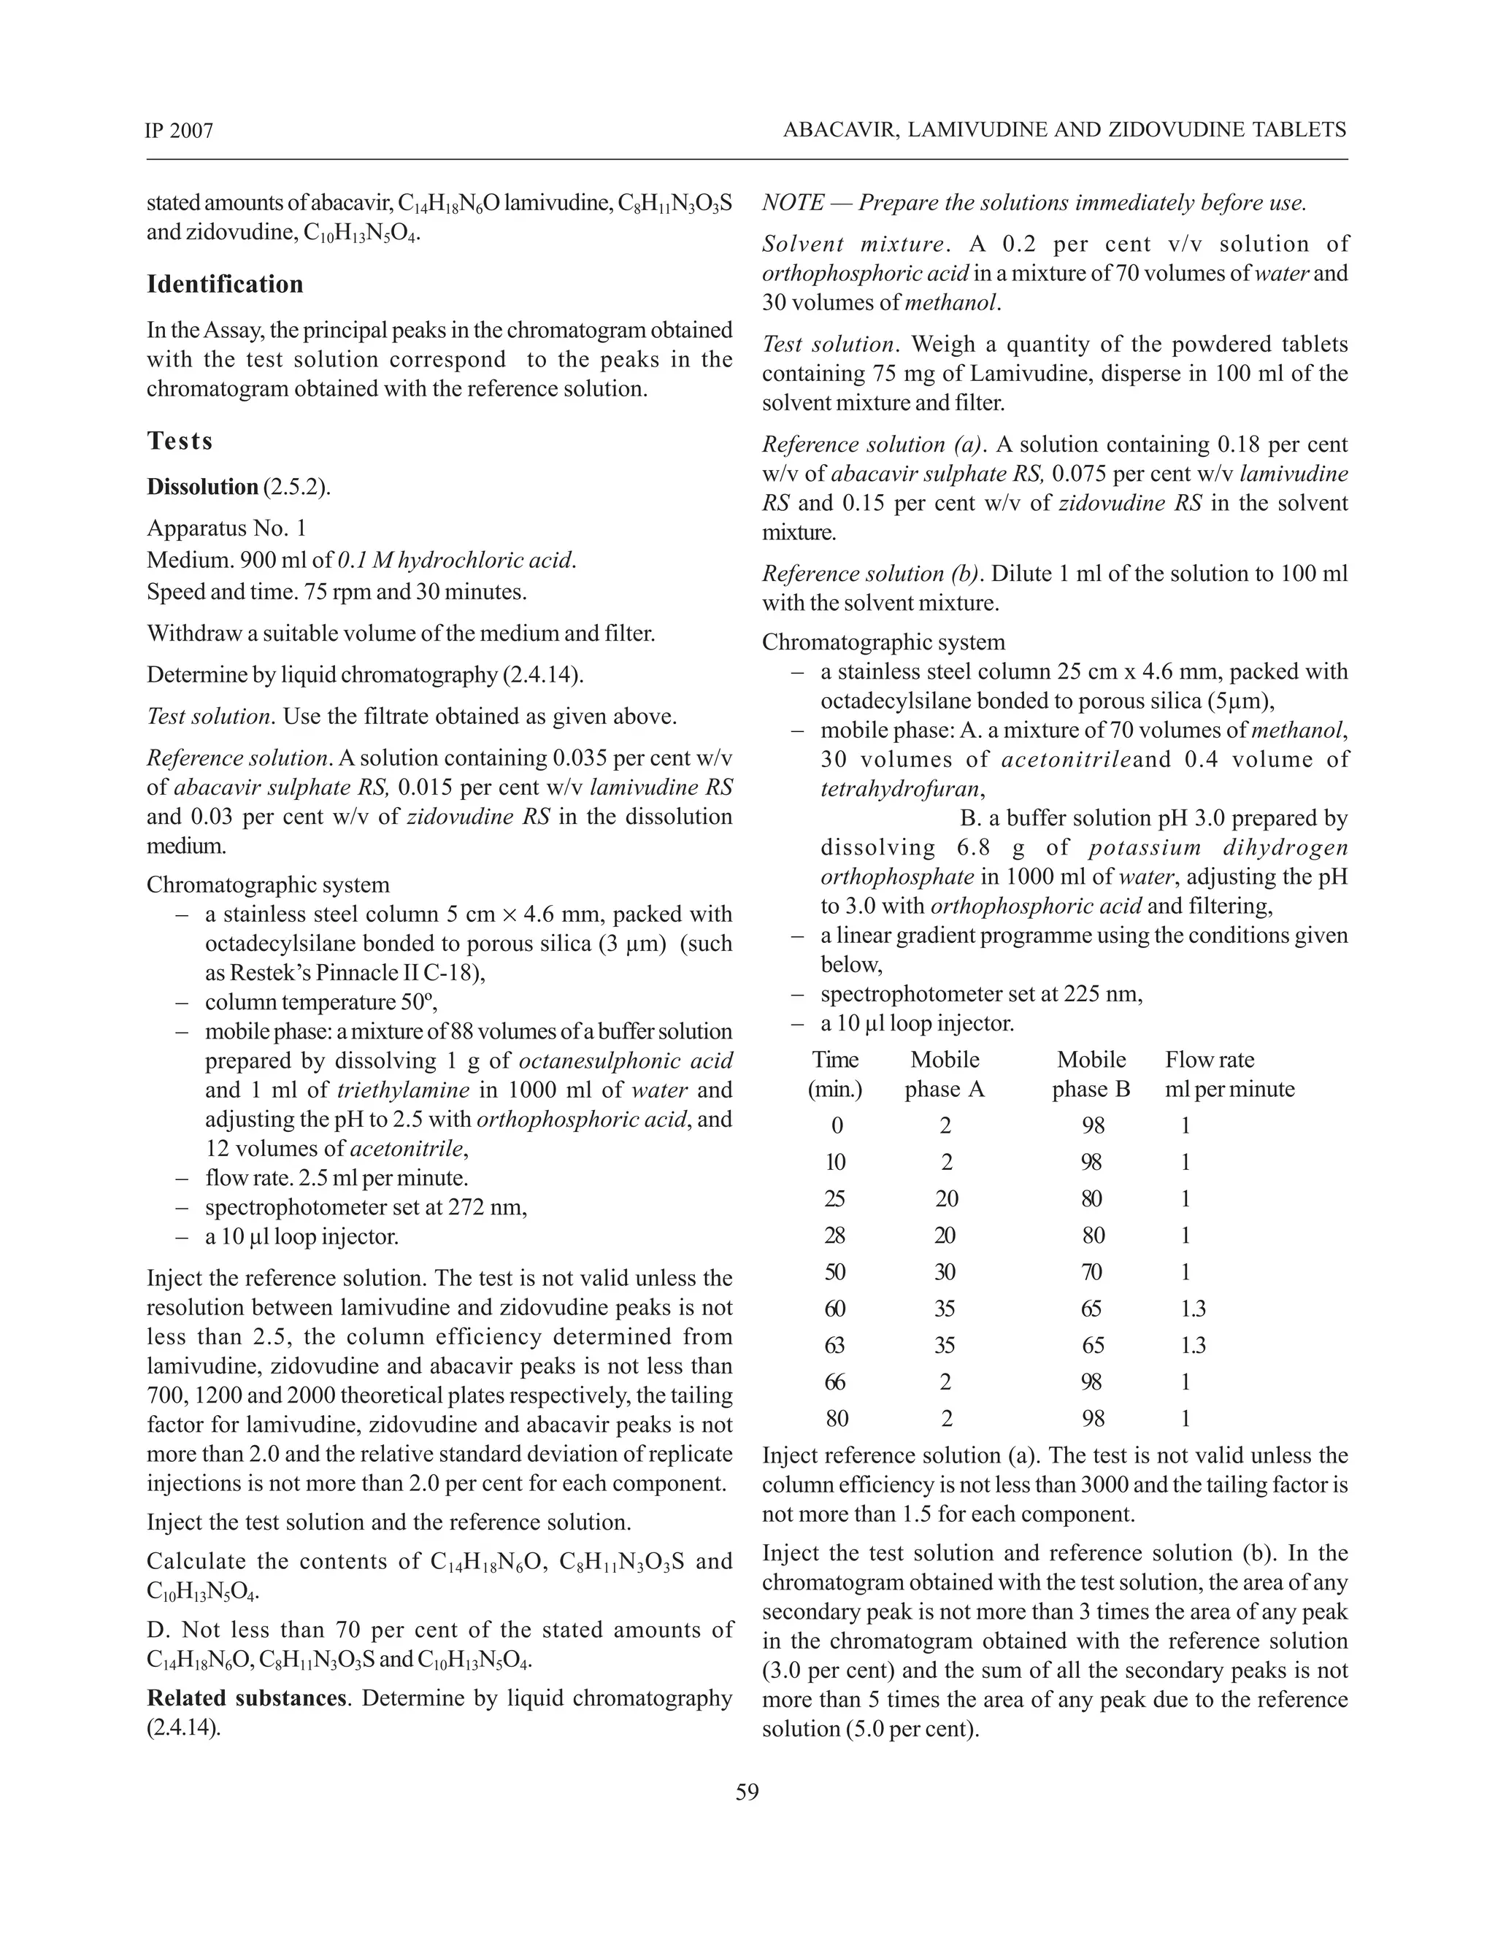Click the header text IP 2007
(x=180, y=131)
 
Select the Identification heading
(x=225, y=284)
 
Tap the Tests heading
(x=180, y=440)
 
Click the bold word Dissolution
(x=202, y=487)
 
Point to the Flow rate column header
(x=1210, y=1060)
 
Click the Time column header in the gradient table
(x=835, y=1060)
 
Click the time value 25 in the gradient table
(x=834, y=1198)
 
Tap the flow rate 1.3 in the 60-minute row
(x=1192, y=1309)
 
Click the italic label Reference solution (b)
(x=872, y=574)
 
